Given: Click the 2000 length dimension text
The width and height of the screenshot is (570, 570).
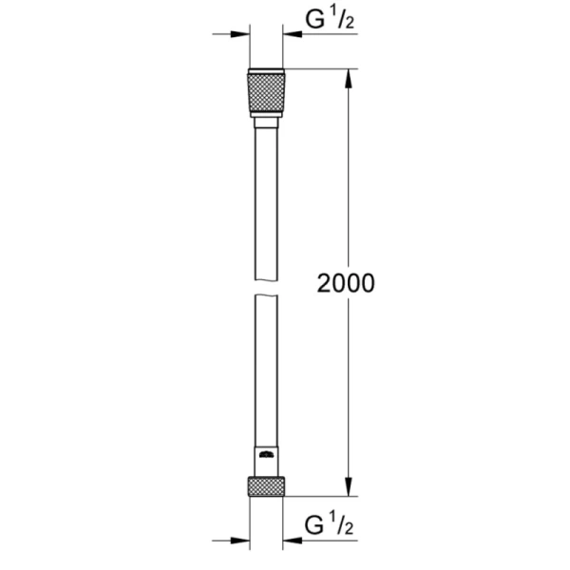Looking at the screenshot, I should point(346,283).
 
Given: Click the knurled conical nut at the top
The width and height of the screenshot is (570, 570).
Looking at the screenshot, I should point(265,93).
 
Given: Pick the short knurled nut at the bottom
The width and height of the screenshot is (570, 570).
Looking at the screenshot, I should point(265,486).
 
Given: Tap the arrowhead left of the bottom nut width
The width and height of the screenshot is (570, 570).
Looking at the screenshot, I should point(242,541).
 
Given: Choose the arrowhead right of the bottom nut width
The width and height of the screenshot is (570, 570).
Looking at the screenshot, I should point(290,541).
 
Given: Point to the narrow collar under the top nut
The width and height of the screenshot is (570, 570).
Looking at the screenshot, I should point(265,122).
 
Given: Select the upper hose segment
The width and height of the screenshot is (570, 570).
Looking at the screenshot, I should point(265,199).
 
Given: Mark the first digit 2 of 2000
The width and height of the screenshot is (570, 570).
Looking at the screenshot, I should point(322,283).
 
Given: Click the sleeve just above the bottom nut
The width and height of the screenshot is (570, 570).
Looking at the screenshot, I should point(265,461).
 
